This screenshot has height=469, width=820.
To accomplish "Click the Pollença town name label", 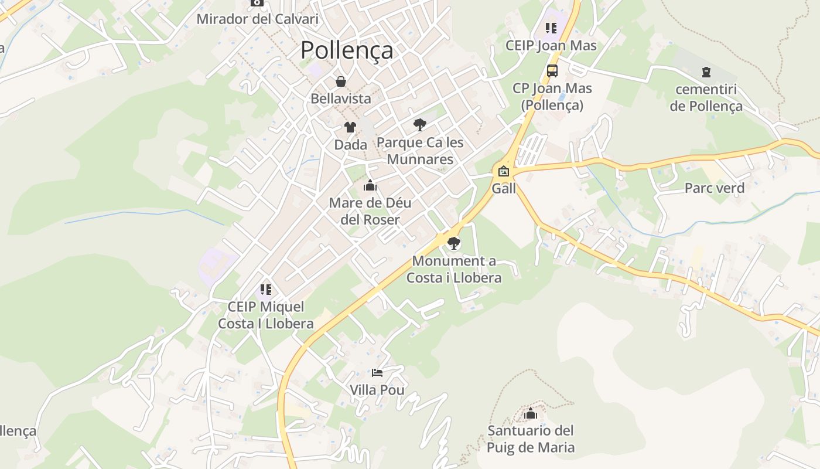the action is pyautogui.click(x=347, y=50).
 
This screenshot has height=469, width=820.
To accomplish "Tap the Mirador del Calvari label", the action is pyautogui.click(x=257, y=19).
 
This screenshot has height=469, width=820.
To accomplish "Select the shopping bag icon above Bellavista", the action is pyautogui.click(x=341, y=81).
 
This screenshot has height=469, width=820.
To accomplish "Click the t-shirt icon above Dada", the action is pyautogui.click(x=350, y=127).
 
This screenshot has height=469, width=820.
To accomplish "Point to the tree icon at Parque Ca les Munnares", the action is pyautogui.click(x=419, y=124).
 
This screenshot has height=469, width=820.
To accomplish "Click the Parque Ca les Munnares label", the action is pyautogui.click(x=420, y=151).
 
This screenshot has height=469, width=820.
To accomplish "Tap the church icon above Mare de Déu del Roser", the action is pyautogui.click(x=370, y=186).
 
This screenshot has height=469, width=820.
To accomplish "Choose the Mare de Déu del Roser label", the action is pyautogui.click(x=370, y=211).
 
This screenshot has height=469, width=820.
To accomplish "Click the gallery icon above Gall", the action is pyautogui.click(x=504, y=172).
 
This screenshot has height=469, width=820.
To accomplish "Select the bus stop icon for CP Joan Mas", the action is pyautogui.click(x=552, y=72).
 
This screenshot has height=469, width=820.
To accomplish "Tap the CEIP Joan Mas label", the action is pyautogui.click(x=551, y=46).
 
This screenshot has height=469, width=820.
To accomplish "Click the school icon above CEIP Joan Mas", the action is pyautogui.click(x=551, y=28).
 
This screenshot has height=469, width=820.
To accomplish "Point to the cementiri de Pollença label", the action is pyautogui.click(x=706, y=98).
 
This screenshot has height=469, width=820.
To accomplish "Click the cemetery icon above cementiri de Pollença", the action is pyautogui.click(x=706, y=72).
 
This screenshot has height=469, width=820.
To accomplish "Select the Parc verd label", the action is pyautogui.click(x=715, y=188).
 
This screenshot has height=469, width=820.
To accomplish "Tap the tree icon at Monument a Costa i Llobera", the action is pyautogui.click(x=453, y=243).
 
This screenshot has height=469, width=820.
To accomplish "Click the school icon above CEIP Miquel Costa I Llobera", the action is pyautogui.click(x=266, y=290).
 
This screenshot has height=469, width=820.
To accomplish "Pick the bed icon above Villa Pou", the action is pyautogui.click(x=377, y=372).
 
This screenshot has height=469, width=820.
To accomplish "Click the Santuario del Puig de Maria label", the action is pyautogui.click(x=531, y=439).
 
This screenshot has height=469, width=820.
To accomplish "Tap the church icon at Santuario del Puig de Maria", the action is pyautogui.click(x=531, y=414).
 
